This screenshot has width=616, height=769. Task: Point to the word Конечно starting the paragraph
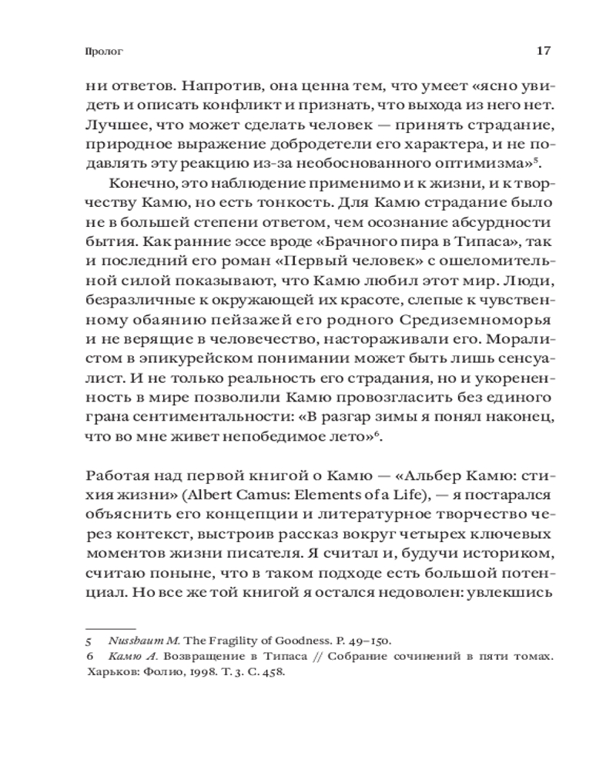[139, 185]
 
